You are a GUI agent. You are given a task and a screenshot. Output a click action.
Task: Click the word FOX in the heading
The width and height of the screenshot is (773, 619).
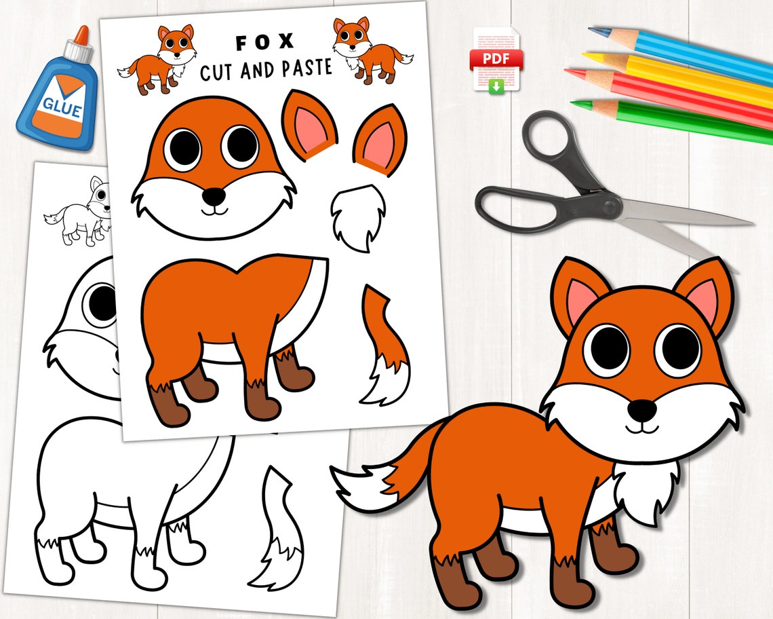tap(264, 42)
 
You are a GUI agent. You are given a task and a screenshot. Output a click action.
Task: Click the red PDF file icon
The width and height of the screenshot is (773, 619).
tap(497, 60)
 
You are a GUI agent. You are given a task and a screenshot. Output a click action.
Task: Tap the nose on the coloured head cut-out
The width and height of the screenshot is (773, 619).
tap(214, 196)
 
